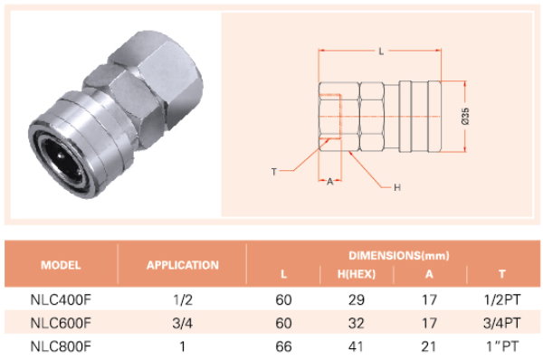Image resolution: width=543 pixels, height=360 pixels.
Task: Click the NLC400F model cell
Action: [61, 299]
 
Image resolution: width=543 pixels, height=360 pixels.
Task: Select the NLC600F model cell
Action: [61, 323]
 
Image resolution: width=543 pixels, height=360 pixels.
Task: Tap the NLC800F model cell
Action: [61, 346]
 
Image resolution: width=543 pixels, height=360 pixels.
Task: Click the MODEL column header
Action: [61, 265]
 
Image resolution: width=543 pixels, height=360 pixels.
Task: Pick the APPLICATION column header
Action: [183, 265]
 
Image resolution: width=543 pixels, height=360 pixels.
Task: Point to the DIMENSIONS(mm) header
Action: [399, 255]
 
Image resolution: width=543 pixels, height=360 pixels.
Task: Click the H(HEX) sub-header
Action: [357, 274]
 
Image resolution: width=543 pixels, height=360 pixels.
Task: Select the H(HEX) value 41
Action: [357, 346]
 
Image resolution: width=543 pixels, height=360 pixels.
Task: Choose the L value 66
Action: [283, 346]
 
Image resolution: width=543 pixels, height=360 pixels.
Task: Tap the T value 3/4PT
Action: [501, 323]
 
